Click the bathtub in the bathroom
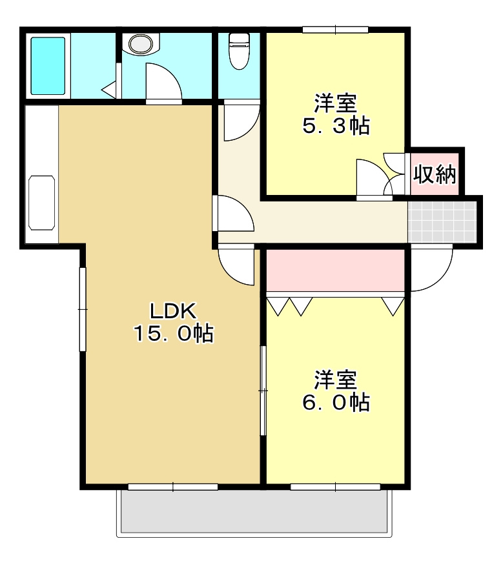(48, 66)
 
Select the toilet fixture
(240, 50)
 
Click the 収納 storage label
(435, 174)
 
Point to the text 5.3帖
(336, 125)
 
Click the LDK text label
(173, 311)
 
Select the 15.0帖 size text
(173, 334)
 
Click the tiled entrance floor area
(442, 221)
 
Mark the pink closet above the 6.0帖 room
(334, 270)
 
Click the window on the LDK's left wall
(83, 309)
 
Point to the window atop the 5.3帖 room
(335, 29)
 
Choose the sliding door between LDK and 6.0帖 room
(263, 390)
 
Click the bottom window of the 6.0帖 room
(335, 486)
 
